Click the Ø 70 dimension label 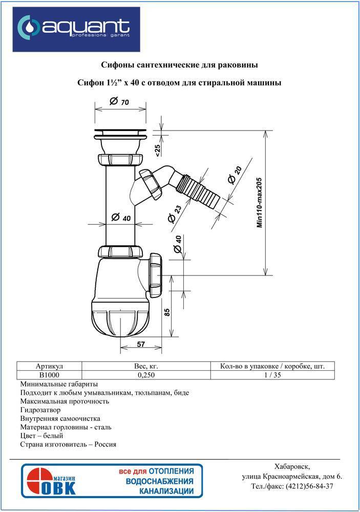coord(119,101)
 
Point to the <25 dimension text coord(157,151)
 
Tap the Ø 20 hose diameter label coord(235,175)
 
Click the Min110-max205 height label coord(260,202)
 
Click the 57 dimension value coord(141,344)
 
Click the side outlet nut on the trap coord(157,275)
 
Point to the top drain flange coord(120,133)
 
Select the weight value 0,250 coord(146,375)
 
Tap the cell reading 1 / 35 coord(272,375)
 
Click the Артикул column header coord(49,367)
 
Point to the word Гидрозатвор coord(40,410)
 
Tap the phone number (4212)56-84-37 coord(309,486)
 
